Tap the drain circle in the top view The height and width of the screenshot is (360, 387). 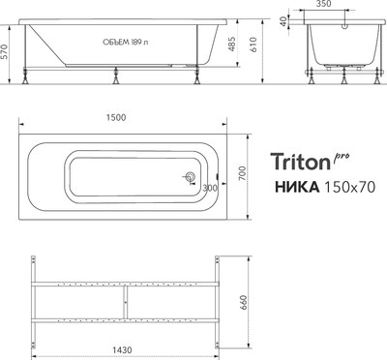pos(191,177)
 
